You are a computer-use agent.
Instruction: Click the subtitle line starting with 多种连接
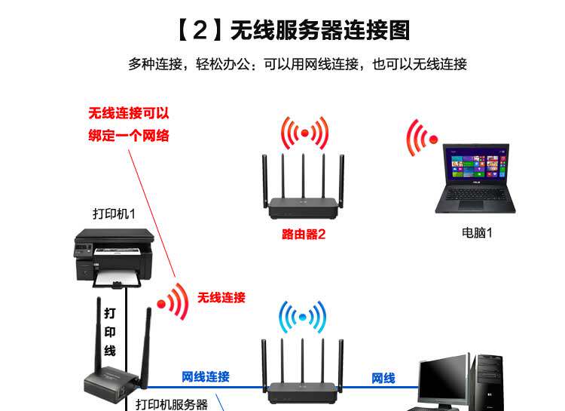298,64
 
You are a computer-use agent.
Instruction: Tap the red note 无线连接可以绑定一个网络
129,125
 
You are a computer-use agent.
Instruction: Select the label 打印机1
114,213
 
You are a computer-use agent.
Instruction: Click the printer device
114,256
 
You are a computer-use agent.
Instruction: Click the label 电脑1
477,233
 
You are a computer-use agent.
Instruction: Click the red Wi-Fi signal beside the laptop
423,138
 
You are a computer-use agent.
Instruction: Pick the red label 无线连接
221,298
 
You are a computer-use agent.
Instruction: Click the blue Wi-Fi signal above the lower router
302,317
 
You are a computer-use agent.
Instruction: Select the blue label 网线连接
206,377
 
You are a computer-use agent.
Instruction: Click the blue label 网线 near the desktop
383,378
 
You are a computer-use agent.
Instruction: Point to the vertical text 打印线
109,331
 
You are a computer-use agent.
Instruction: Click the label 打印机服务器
172,404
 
